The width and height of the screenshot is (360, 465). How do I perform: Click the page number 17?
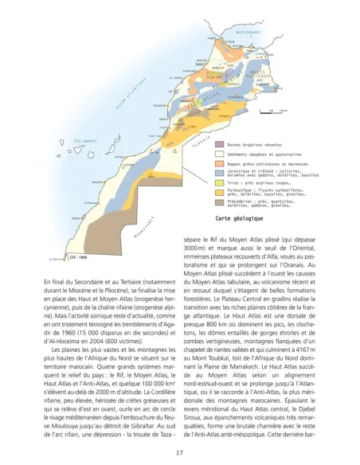180,452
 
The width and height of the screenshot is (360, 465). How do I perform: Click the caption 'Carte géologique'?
239,217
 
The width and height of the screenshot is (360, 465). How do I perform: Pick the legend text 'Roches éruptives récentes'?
255,145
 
